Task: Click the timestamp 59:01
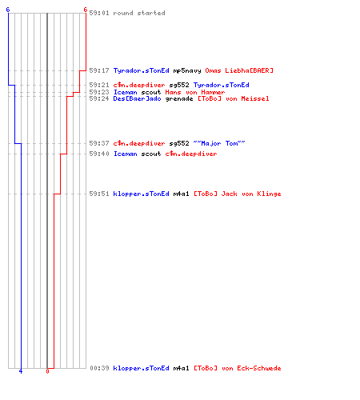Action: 99,13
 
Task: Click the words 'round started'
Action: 139,13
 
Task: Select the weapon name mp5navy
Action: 187,70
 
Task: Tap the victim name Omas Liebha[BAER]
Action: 239,70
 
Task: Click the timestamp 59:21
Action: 99,85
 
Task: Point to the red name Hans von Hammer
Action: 195,92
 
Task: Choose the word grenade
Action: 179,99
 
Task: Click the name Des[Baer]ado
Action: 137,98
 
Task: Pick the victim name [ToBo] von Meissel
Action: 233,98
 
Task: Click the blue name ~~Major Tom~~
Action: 219,143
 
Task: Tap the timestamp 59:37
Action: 99,143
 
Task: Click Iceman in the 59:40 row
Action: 126,154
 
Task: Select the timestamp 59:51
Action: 99,194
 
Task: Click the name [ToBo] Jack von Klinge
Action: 237,194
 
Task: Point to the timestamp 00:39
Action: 99,368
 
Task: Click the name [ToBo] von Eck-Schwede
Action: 237,368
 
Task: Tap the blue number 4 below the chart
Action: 21,371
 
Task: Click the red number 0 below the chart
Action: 47,371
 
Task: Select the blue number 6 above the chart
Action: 8,10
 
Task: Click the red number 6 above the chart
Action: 86,10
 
